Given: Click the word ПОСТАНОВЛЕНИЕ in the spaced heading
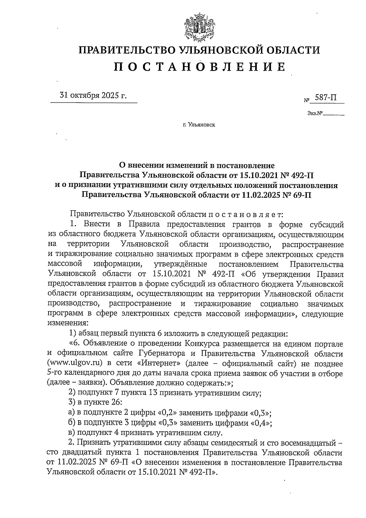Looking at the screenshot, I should point(200,67).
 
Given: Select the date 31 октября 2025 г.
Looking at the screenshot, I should point(93,95).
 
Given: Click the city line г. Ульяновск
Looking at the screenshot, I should point(199,125).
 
